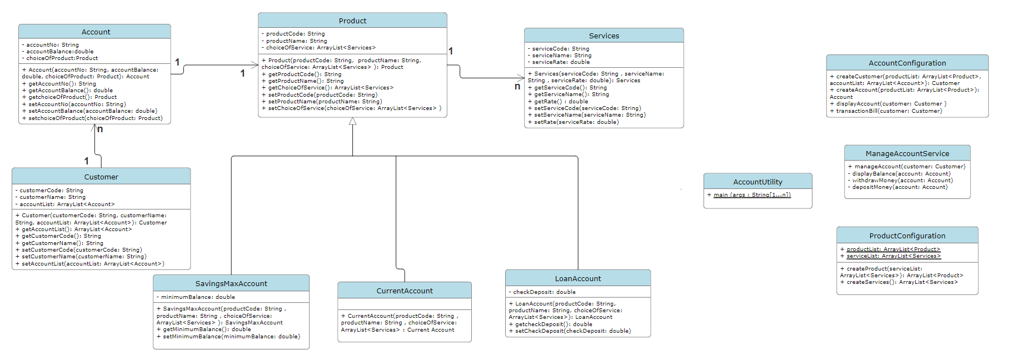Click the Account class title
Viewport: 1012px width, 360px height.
[96, 32]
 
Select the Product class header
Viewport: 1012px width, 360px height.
[352, 21]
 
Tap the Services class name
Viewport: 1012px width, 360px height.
[604, 36]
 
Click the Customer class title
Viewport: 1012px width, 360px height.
[101, 177]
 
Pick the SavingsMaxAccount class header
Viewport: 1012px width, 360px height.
[231, 283]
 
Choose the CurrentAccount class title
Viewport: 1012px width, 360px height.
[405, 291]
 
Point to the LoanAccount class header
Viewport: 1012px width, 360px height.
[578, 278]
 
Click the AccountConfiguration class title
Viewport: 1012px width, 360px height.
[907, 63]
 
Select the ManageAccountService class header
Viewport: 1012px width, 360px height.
[907, 153]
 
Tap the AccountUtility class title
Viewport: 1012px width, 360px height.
[757, 182]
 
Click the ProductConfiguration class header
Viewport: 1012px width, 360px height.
[907, 236]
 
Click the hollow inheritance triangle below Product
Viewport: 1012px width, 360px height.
[352, 121]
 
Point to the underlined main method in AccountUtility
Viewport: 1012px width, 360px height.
[752, 195]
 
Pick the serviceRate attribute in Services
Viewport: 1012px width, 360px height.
[561, 62]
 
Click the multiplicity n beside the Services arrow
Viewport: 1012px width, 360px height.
[517, 87]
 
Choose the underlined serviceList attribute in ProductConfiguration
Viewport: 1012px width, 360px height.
[893, 256]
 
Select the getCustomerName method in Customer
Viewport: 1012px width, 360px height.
[62, 243]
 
